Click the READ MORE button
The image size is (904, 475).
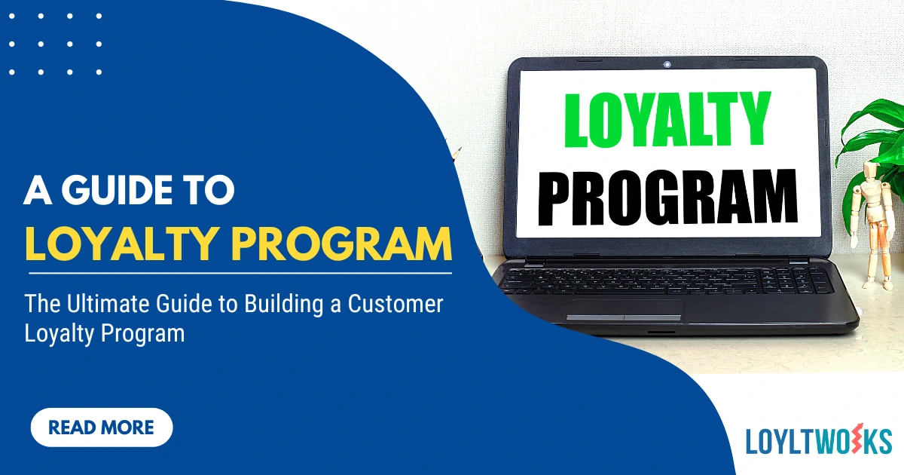(x=102, y=428)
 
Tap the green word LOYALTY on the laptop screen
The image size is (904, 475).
(x=667, y=122)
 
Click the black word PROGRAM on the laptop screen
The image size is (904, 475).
(x=667, y=198)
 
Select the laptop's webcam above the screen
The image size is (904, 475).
(x=667, y=65)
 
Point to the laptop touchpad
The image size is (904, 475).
(x=625, y=309)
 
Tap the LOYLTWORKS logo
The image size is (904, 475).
(x=818, y=441)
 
